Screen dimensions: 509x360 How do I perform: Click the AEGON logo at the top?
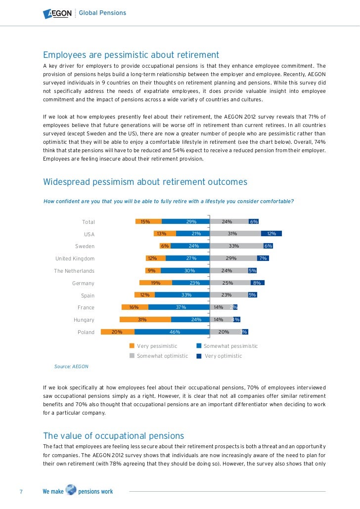tap(57, 13)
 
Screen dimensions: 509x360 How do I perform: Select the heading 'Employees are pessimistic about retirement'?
tap(131, 54)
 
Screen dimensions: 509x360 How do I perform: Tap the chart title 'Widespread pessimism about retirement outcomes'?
tap(145, 182)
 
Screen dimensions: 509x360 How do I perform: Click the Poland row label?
tap(86, 333)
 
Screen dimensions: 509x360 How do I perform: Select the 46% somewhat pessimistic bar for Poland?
tap(172, 332)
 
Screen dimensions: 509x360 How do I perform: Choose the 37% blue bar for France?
tap(179, 307)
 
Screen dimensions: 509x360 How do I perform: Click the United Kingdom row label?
tap(75, 258)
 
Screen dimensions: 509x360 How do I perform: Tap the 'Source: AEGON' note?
tap(71, 367)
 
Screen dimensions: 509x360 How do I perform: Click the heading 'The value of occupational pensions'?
tap(114, 436)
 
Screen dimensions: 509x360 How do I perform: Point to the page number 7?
tap(21, 492)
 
